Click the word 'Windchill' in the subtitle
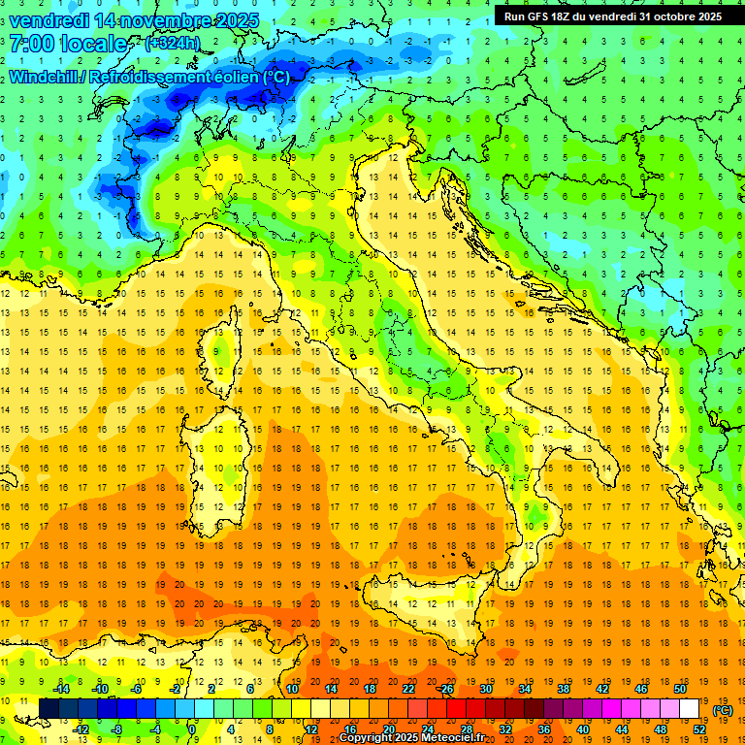coord(46,77)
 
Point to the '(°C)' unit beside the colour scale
coord(723,710)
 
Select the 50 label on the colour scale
coord(678,689)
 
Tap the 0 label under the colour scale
coord(191,729)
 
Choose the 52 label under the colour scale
coord(699,729)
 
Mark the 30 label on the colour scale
coord(485,689)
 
